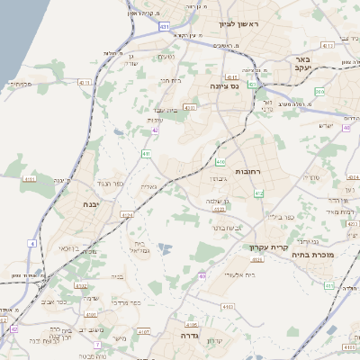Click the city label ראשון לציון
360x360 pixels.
[237, 24]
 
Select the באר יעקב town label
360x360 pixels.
[302, 64]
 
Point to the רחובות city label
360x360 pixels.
[247, 171]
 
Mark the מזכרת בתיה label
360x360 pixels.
[312, 255]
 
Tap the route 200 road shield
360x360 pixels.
[319, 91]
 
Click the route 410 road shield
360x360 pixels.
[220, 162]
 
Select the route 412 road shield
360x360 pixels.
[259, 193]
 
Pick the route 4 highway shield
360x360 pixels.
[32, 243]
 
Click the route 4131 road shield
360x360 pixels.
[30, 179]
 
